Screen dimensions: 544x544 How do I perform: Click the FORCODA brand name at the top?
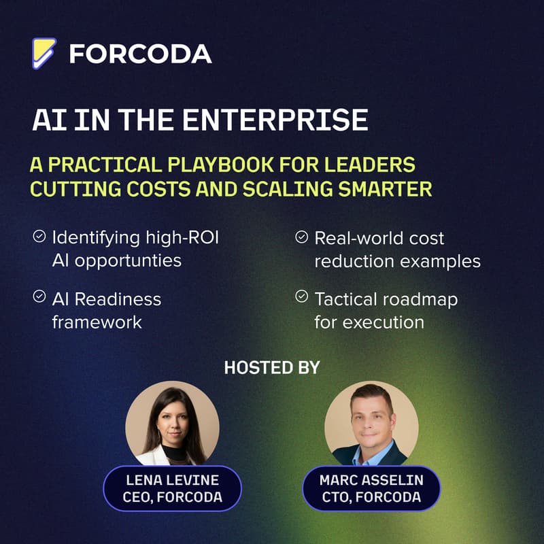(141, 54)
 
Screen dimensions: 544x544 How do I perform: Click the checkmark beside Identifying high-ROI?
(39, 237)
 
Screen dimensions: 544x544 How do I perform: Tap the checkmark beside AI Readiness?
(39, 297)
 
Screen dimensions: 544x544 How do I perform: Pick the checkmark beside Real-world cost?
(301, 237)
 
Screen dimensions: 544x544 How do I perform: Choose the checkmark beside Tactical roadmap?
(301, 297)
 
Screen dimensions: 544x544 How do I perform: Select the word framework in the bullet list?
(97, 321)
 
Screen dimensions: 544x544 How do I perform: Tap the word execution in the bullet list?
(387, 321)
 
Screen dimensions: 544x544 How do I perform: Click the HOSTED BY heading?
(272, 368)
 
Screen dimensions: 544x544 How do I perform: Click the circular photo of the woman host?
(172, 423)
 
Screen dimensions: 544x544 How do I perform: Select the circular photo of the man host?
(371, 423)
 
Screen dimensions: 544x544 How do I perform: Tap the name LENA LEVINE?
(173, 480)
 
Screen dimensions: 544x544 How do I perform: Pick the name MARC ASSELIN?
(371, 480)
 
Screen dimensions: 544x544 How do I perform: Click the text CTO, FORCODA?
(371, 497)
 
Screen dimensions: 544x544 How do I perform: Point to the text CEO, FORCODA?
(173, 497)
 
